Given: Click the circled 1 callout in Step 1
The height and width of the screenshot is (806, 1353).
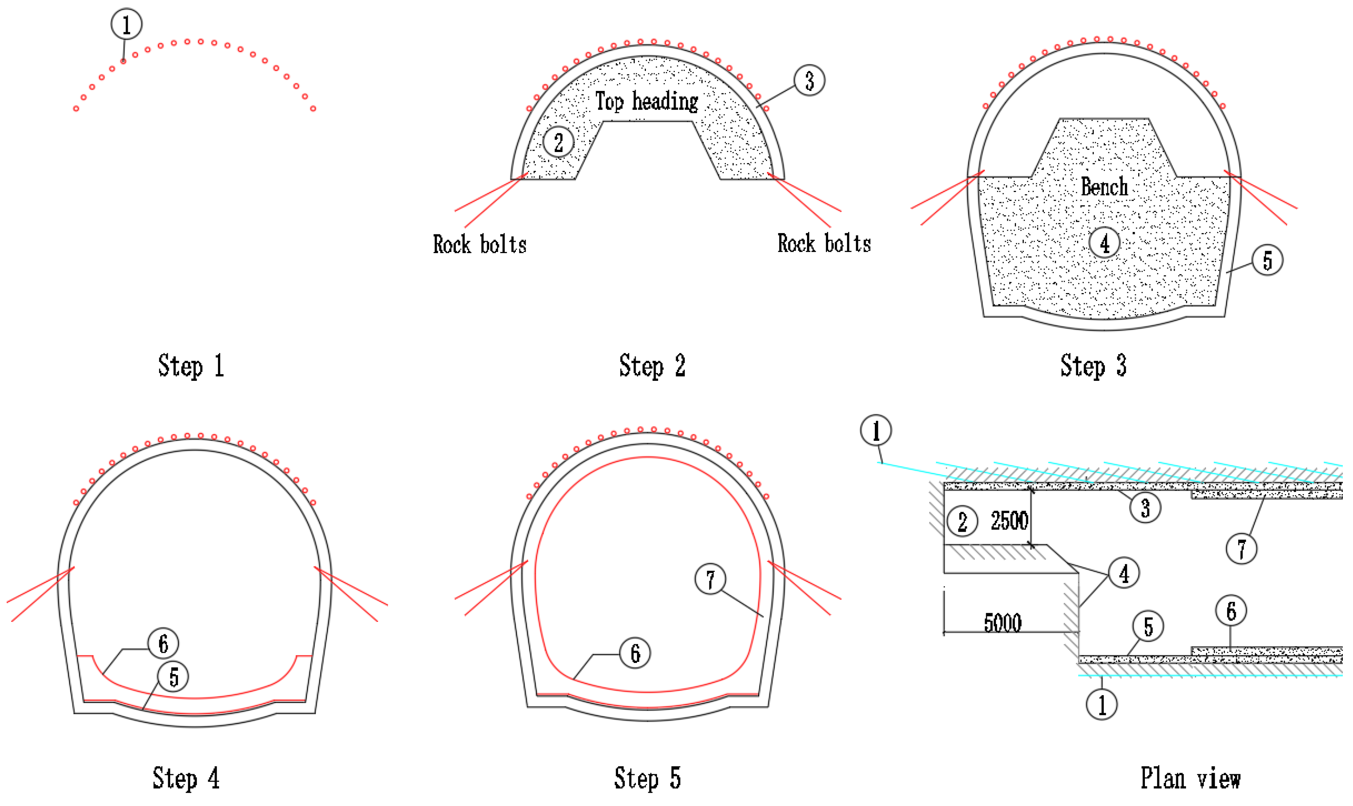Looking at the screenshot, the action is coord(127,24).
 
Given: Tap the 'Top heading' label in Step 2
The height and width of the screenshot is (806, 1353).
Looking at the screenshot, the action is coord(646,101).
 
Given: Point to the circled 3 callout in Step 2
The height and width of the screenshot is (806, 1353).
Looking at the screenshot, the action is coord(809,80).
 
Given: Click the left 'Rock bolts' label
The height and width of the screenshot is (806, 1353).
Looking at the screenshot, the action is coord(480,245).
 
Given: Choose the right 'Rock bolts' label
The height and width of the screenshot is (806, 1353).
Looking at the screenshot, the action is coord(824,243).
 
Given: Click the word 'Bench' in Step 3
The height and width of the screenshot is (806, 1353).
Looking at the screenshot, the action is coord(1104,187).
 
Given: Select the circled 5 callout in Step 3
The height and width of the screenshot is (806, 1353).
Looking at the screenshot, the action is coord(1267,260).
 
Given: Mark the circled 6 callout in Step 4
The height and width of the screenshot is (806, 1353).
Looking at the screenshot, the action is coord(163,644).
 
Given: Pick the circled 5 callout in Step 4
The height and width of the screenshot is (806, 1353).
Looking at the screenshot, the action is coord(173,677).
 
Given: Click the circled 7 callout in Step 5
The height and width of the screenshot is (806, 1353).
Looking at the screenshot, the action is coord(711,579).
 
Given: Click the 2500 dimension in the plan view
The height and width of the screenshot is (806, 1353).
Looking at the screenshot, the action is coord(1009,521).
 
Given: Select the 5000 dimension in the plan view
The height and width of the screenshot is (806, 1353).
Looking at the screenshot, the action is coord(1003,623).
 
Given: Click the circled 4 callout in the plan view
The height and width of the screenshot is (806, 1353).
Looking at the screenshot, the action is coord(1124,573).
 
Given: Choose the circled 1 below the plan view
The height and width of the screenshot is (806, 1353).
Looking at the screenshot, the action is coord(1101,705).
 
